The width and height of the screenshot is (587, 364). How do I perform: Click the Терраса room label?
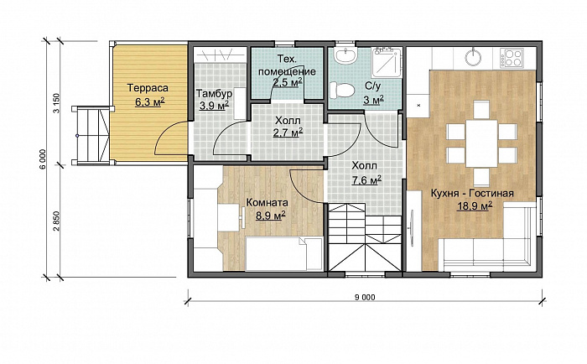tap(148, 88)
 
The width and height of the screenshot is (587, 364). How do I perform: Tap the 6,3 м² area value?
tap(150, 101)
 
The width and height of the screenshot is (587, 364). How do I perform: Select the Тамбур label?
tap(215, 93)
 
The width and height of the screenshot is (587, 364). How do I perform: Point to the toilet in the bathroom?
tap(342, 91)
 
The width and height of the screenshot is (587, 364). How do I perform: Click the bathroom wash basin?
tap(346, 56)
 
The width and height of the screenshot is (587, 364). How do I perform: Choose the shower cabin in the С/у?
tap(387, 63)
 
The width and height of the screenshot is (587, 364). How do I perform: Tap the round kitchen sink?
tap(474, 57)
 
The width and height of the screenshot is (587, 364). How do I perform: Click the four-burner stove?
tap(512, 58)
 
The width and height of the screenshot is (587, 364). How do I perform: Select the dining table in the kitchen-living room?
tap(481, 143)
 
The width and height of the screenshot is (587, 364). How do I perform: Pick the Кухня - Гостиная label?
tap(471, 193)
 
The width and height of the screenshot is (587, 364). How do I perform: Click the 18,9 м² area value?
tap(475, 206)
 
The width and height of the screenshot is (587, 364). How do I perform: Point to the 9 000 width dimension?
tap(364, 298)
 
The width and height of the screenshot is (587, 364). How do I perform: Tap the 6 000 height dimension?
tap(43, 159)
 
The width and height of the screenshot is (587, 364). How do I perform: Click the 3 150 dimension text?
tap(56, 103)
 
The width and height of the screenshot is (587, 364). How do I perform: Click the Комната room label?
tap(267, 203)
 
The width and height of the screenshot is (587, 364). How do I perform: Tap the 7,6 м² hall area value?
tap(366, 180)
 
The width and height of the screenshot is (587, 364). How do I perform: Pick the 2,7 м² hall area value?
tap(288, 133)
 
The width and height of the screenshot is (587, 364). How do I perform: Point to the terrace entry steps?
tap(91, 135)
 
